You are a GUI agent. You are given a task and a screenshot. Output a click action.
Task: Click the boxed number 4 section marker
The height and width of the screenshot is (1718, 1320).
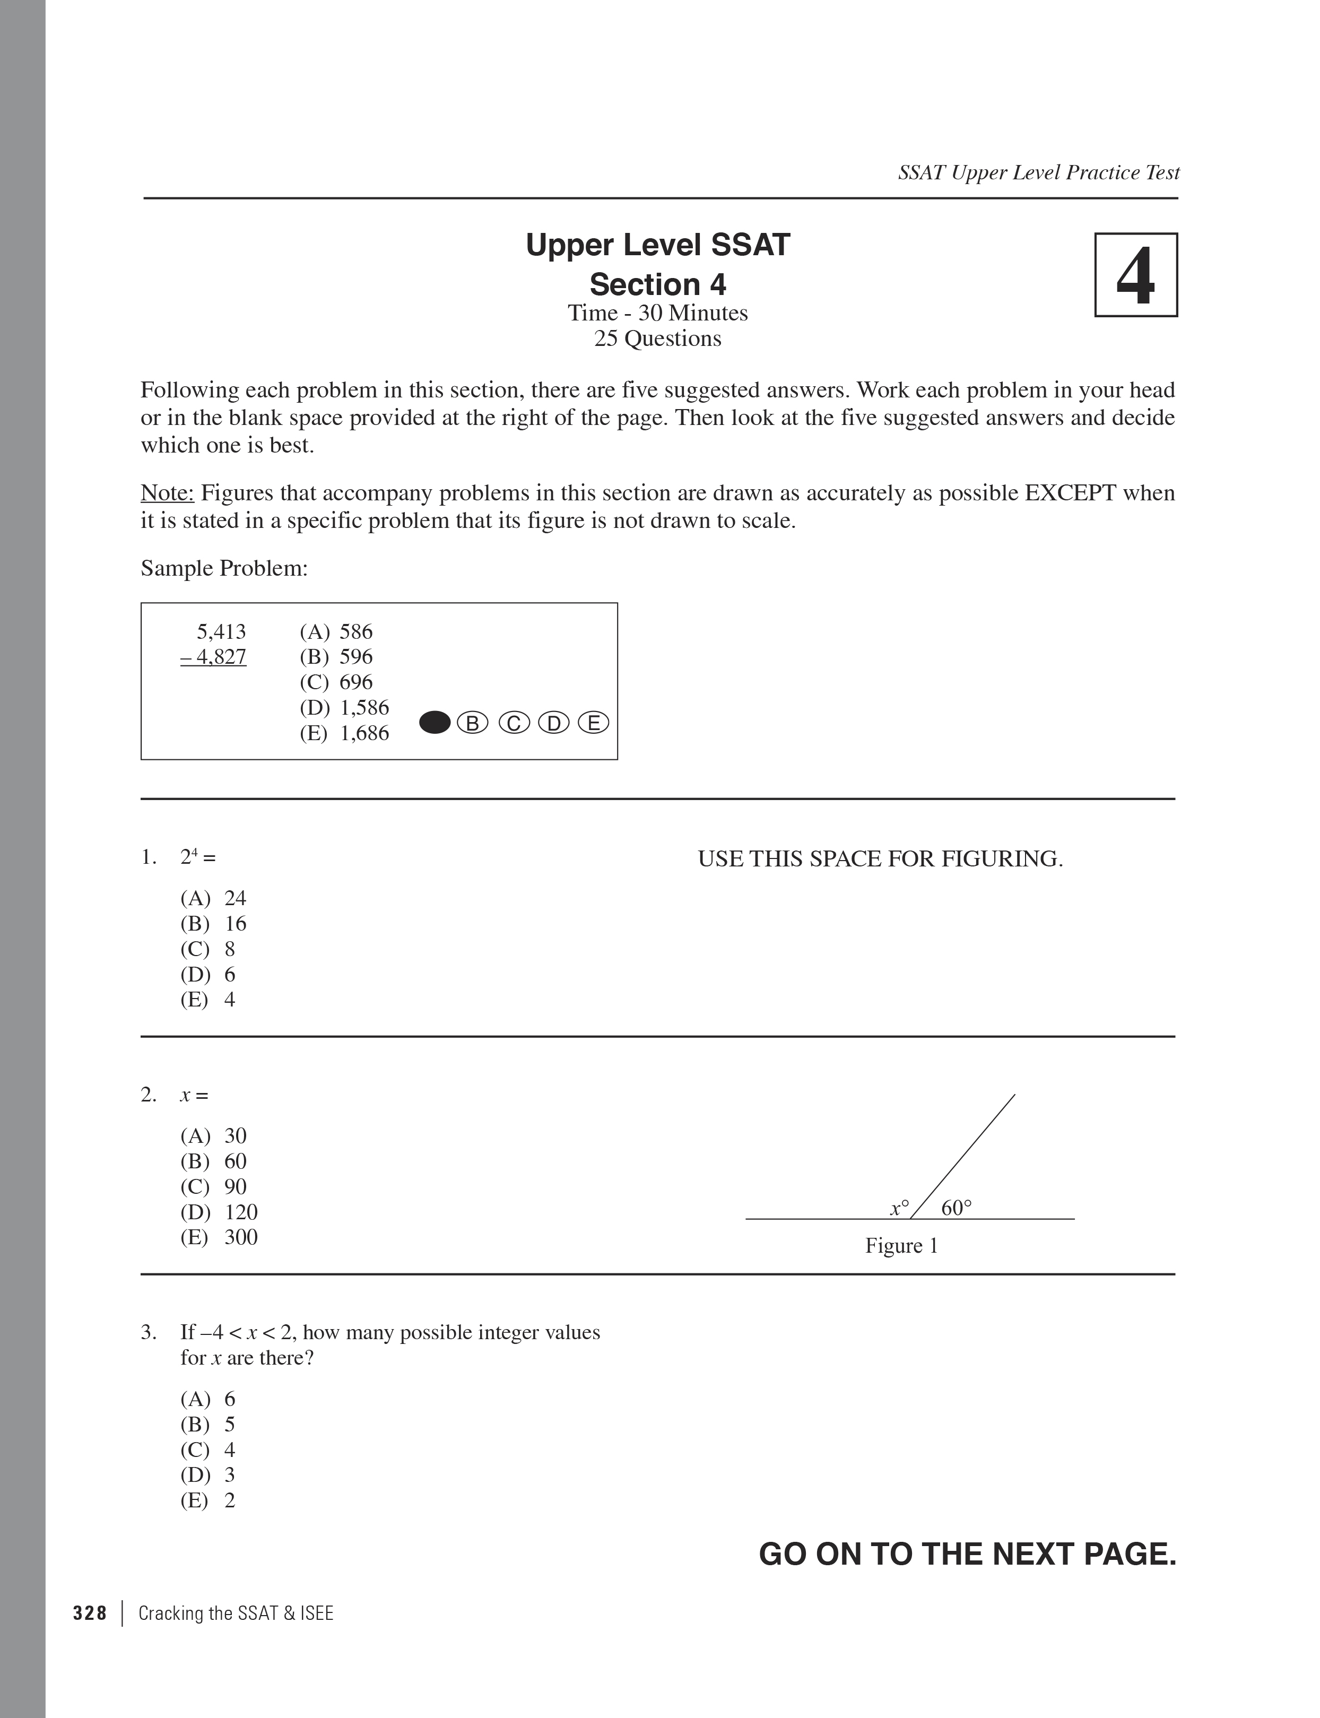(x=1135, y=275)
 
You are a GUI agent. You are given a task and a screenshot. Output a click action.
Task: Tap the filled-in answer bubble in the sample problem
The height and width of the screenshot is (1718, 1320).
(x=435, y=723)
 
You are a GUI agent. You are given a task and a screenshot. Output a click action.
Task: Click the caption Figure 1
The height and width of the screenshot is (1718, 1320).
(x=901, y=1245)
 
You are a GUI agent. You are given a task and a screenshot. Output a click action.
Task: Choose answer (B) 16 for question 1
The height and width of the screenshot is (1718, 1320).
(x=214, y=923)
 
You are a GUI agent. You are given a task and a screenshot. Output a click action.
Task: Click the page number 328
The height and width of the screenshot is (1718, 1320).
(x=90, y=1613)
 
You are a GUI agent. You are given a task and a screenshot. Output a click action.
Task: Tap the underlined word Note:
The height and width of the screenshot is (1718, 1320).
(x=167, y=493)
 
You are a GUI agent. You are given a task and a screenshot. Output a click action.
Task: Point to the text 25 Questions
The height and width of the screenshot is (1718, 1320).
(x=658, y=339)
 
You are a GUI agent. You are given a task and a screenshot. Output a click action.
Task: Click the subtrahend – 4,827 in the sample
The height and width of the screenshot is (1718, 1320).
(x=214, y=657)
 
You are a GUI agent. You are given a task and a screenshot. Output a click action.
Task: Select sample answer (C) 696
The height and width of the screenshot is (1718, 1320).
(x=336, y=682)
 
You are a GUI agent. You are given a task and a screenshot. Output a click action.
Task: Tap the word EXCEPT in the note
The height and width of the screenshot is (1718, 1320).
(x=1070, y=493)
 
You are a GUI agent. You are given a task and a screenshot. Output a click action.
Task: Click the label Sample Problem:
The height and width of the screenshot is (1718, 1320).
(x=224, y=568)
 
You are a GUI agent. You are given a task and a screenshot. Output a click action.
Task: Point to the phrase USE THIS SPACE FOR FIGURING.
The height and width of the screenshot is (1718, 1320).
(x=880, y=858)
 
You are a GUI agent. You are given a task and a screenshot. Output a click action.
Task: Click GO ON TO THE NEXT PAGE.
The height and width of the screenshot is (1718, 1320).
(x=967, y=1554)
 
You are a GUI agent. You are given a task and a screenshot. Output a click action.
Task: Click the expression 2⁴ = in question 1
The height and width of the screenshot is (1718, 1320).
(x=197, y=857)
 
